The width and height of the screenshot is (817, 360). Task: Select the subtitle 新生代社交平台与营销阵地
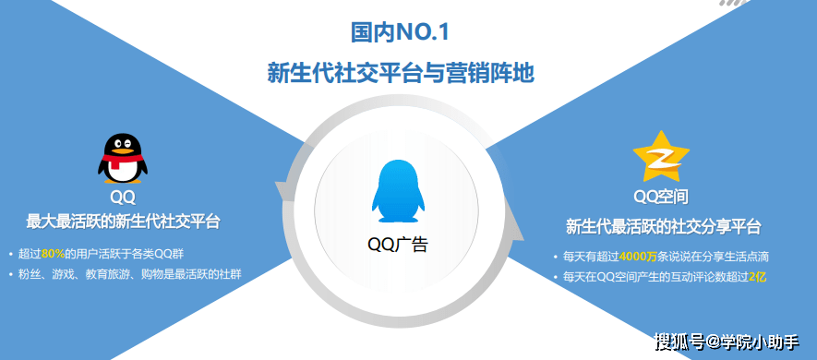(x=400, y=73)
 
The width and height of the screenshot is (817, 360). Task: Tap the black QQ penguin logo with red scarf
(x=122, y=158)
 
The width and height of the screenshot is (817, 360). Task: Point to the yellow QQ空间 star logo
(x=660, y=158)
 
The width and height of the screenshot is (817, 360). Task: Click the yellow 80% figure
(x=53, y=253)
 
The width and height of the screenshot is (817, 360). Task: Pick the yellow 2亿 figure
(x=757, y=276)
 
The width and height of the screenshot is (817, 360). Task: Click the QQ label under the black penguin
(x=123, y=197)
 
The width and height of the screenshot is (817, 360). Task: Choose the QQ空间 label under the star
(x=661, y=197)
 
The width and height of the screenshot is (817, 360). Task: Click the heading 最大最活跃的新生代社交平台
(x=123, y=222)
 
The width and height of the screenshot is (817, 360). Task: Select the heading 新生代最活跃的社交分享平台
(x=662, y=227)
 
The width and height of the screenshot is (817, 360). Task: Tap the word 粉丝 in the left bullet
(x=29, y=273)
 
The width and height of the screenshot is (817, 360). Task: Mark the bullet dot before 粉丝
(x=10, y=274)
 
